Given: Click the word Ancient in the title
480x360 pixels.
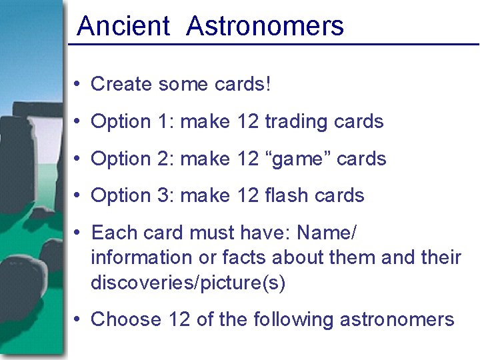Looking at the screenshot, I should point(123,27).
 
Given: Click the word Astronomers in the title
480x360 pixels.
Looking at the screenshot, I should point(265,27).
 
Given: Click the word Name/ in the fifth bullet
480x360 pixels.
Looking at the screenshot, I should point(327,233).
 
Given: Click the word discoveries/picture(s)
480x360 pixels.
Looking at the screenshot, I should point(188,283).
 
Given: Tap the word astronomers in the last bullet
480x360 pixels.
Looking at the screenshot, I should point(397,320).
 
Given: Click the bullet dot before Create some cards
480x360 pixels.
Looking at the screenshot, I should point(78,85).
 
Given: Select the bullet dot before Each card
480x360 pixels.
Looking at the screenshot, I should point(78,233).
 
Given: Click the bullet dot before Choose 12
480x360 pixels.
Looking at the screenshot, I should point(78,319).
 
